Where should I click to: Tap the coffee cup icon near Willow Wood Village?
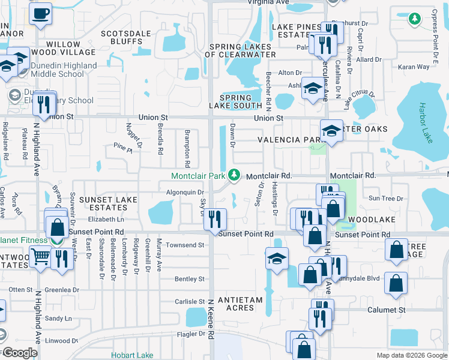tap(41, 13)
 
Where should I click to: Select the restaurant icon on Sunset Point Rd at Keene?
tap(215, 220)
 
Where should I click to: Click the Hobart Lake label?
tap(132, 355)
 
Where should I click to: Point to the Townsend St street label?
tap(185, 245)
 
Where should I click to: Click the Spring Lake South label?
tap(235, 101)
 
